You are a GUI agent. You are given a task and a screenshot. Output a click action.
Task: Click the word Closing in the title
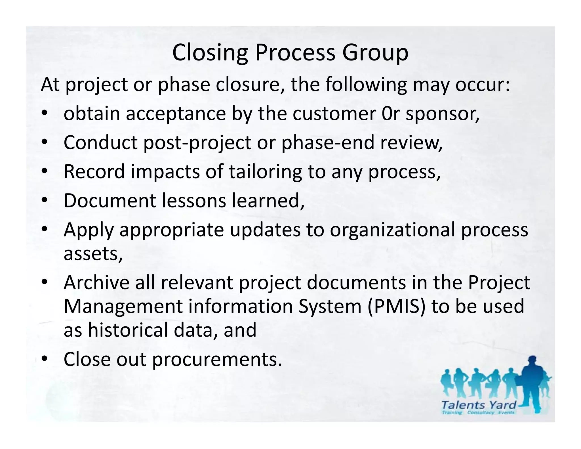[x=210, y=53]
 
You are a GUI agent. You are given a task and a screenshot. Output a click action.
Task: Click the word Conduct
[x=100, y=142]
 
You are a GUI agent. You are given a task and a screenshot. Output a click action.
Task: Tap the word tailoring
[x=265, y=172]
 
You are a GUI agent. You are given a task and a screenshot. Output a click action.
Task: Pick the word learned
[x=268, y=201]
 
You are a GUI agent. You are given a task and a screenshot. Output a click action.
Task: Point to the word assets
[x=93, y=253]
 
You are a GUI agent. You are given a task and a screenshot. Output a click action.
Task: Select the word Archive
[x=96, y=283]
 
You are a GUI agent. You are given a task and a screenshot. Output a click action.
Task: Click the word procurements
[x=217, y=359]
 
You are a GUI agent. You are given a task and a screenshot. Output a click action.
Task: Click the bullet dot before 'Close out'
[x=45, y=359]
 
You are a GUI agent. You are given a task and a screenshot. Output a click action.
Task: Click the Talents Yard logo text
[x=479, y=405]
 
